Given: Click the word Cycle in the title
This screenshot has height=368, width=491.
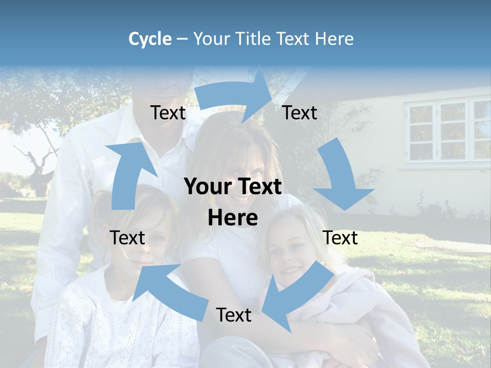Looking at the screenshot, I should click(x=150, y=39).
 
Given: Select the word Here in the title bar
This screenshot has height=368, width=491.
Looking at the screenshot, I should click(x=333, y=39).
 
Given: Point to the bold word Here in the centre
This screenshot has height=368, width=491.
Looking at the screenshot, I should click(x=233, y=218).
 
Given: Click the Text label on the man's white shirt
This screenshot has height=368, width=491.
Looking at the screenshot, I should click(x=168, y=113).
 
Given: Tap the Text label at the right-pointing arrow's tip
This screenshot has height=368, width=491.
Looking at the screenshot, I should click(x=300, y=113).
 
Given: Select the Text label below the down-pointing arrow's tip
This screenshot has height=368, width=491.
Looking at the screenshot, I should click(x=340, y=238).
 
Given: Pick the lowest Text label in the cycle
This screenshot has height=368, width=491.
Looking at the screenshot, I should click(x=234, y=315).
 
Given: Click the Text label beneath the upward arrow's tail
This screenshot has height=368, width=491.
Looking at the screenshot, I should click(x=127, y=238).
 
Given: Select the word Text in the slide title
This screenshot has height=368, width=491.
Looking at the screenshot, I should click(x=295, y=39).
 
